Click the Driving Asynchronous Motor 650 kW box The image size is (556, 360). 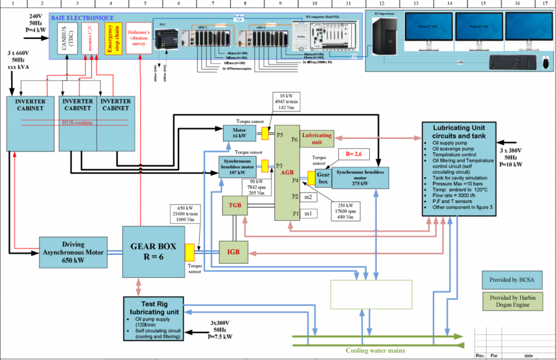[x=73, y=252]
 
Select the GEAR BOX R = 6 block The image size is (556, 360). [x=153, y=252]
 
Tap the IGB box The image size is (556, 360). [x=233, y=252]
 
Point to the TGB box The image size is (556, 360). [x=235, y=205]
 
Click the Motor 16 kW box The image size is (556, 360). [x=239, y=133]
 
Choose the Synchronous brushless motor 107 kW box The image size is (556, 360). [x=237, y=167]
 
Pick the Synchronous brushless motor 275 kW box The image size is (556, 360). [x=360, y=178]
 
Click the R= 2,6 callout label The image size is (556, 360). [x=354, y=154]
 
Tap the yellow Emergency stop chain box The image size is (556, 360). [x=113, y=38]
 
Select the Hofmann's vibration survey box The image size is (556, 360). [x=139, y=38]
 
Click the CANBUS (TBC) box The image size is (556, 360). [x=67, y=38]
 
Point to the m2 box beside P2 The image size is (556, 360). [x=308, y=197]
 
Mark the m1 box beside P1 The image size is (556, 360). [x=308, y=214]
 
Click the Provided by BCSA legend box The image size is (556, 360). [x=512, y=280]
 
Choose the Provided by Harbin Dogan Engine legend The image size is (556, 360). [x=513, y=301]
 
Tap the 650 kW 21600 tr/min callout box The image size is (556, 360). [x=185, y=214]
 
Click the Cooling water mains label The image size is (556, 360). [x=375, y=350]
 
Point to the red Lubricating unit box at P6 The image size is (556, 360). [x=317, y=138]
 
